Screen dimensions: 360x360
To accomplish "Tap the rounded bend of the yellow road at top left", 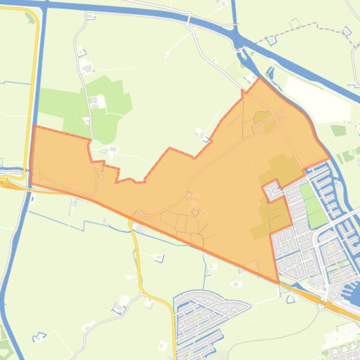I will click(x=33, y=14).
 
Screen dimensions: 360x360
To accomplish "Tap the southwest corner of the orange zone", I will click(x=30, y=183).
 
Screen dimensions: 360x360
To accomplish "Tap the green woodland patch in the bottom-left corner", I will click(x=5, y=344).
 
